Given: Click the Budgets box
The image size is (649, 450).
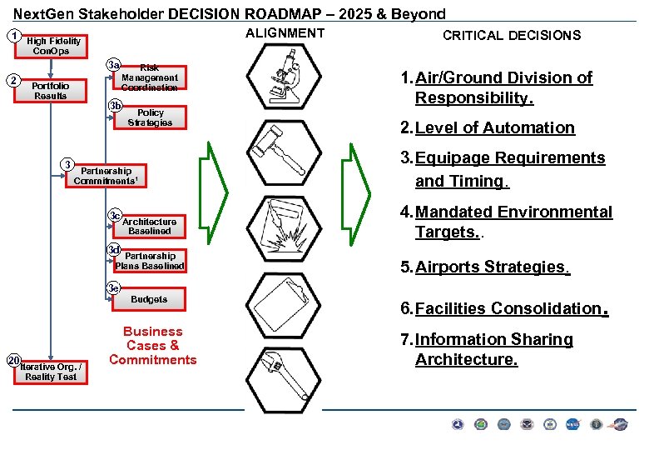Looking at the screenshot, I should click(149, 298).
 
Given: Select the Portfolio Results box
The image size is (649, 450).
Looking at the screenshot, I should click(50, 90).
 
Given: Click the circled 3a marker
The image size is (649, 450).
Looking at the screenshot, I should click(115, 66).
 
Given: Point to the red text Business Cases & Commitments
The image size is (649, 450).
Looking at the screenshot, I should click(152, 345).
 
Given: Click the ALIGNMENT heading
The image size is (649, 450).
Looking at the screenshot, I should click(285, 32).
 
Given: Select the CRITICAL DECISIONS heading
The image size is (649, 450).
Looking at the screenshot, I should click(511, 35).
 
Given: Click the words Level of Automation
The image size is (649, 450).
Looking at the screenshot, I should click(494, 127).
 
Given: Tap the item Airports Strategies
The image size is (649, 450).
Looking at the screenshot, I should click(491, 267).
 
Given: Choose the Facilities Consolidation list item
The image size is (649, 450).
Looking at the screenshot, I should click(507, 308).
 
